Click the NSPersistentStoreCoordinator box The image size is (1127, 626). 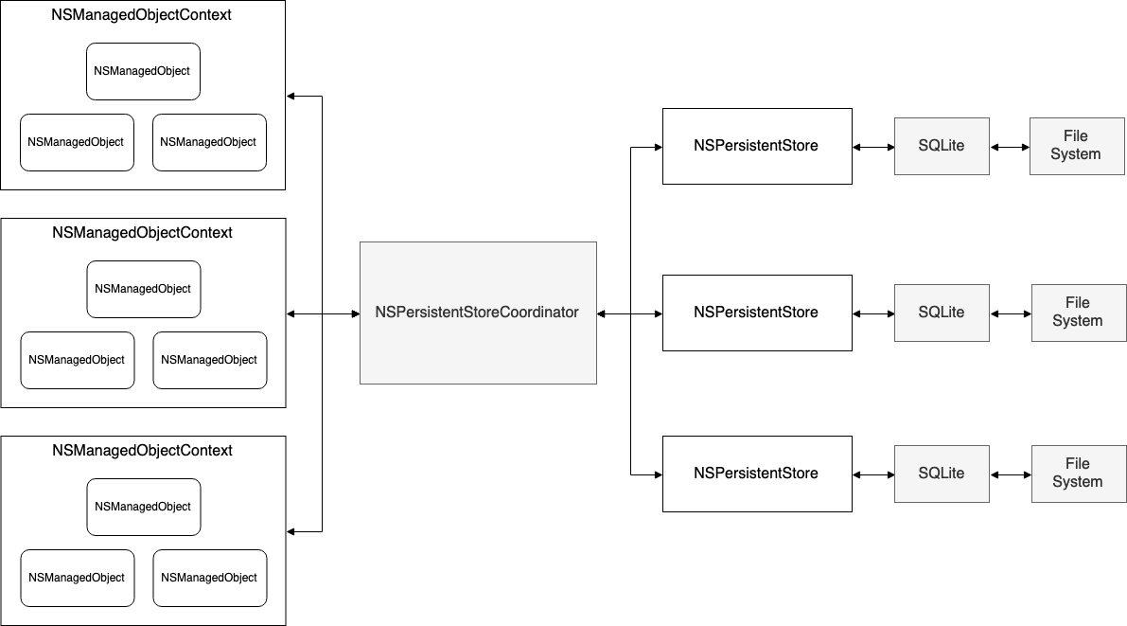478,313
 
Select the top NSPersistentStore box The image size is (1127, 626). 757,146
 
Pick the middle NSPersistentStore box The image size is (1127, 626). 757,313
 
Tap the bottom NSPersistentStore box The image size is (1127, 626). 757,474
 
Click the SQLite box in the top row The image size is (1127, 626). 942,146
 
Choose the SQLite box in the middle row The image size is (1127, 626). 942,313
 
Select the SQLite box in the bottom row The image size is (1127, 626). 942,474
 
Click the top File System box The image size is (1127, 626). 1076,146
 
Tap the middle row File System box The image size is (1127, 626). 1078,313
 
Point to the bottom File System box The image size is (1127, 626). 1078,474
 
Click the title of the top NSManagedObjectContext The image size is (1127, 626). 142,15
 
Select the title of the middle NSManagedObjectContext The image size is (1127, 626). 142,233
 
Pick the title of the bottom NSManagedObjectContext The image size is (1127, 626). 142,451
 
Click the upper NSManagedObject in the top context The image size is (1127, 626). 143,71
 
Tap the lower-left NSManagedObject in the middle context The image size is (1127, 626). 78,360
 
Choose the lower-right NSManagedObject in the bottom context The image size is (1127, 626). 210,578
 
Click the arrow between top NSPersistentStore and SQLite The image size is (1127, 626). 873,147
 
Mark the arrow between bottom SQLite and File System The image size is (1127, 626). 1011,474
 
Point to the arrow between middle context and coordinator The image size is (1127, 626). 323,313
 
